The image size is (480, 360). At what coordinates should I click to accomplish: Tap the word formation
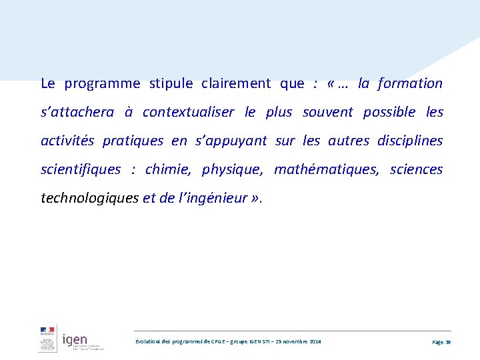click(x=410, y=84)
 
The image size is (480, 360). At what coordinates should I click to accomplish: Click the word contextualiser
click(x=188, y=113)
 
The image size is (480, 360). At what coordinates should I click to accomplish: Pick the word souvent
click(x=327, y=113)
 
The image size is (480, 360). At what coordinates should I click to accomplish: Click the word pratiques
click(x=133, y=141)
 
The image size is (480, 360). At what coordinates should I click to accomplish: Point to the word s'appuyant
click(x=231, y=141)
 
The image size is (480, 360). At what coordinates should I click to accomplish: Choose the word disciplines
click(x=410, y=141)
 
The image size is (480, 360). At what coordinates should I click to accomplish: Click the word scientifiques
click(x=81, y=170)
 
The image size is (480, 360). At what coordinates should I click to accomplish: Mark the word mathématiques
click(x=326, y=170)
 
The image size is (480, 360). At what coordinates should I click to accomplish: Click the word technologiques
click(x=90, y=199)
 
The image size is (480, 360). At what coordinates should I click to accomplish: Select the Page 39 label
click(x=441, y=342)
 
